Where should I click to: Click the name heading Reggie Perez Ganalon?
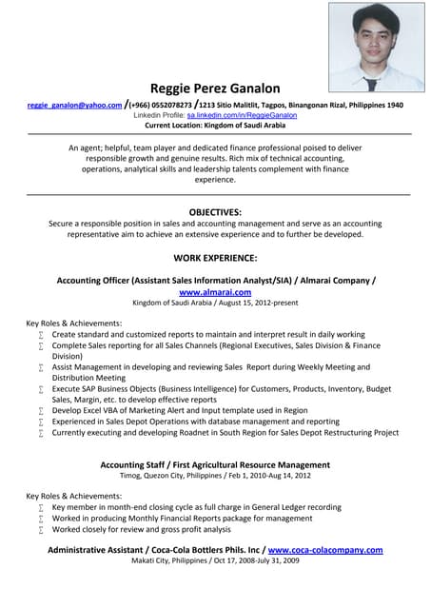coord(215,88)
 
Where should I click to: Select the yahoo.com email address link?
coord(74,105)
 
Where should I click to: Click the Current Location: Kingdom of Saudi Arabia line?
coord(215,125)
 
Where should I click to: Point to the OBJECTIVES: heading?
coord(215,211)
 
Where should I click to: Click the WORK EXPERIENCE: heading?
coord(215,257)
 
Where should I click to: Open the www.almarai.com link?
coord(215,293)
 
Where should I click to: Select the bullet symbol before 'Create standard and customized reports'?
coord(41,336)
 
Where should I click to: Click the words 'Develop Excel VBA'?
coord(86,410)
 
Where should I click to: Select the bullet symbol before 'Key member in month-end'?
coord(41,508)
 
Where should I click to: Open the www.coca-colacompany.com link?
coord(325,550)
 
